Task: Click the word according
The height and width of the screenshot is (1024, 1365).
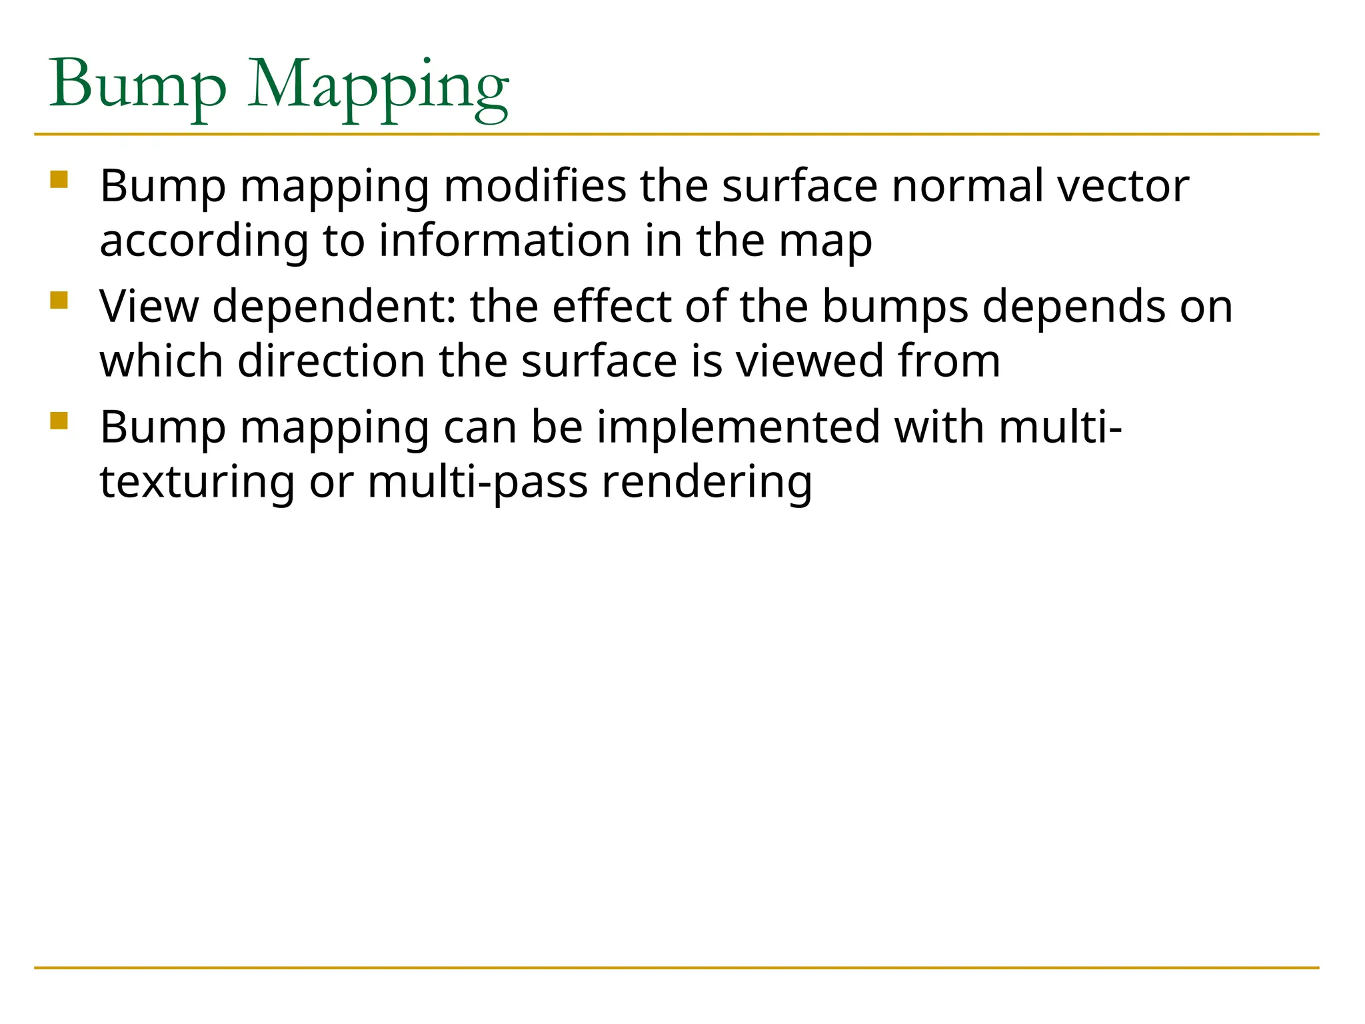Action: click(203, 241)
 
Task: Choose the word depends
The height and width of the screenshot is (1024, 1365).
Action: click(1074, 308)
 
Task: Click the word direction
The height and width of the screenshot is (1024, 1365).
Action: click(331, 361)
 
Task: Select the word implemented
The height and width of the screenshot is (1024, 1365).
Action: click(737, 427)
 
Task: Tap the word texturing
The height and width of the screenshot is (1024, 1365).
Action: click(197, 483)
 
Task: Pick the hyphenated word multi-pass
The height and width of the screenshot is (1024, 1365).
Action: click(477, 483)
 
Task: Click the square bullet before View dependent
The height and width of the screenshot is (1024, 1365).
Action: click(59, 300)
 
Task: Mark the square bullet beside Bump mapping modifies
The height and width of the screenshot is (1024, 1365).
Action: click(59, 180)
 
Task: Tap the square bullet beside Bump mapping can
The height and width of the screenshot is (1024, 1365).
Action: click(59, 421)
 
